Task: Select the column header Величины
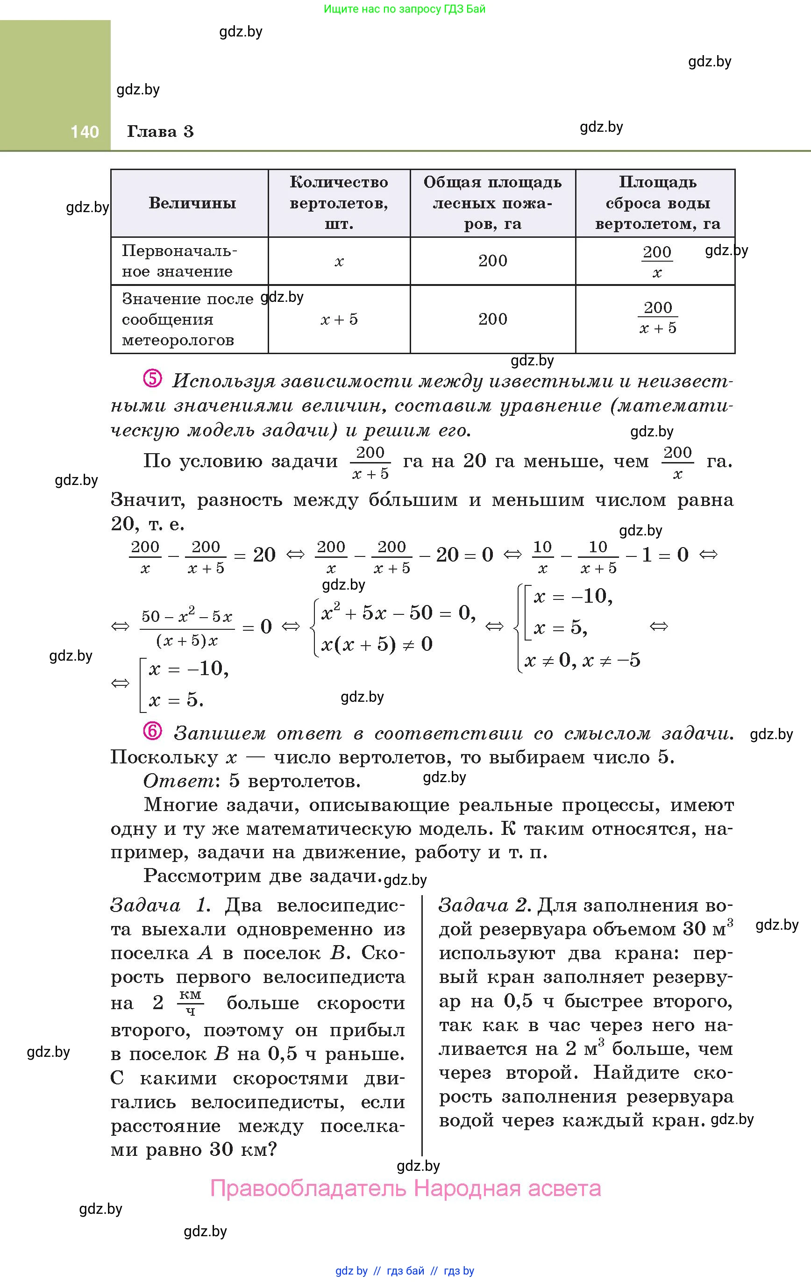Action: tap(192, 203)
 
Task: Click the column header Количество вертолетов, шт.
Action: tap(339, 203)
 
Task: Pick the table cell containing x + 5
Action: tap(339, 320)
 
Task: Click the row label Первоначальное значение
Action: tap(179, 261)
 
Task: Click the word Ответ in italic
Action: tap(178, 781)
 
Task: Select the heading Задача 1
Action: tap(160, 905)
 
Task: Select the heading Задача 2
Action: tap(484, 905)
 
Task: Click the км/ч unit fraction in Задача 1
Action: tap(190, 1003)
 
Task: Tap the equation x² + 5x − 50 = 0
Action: tap(398, 613)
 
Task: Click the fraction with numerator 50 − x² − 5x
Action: tap(187, 627)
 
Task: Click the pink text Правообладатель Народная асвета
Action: tap(405, 1188)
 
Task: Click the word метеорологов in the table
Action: tap(178, 340)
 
